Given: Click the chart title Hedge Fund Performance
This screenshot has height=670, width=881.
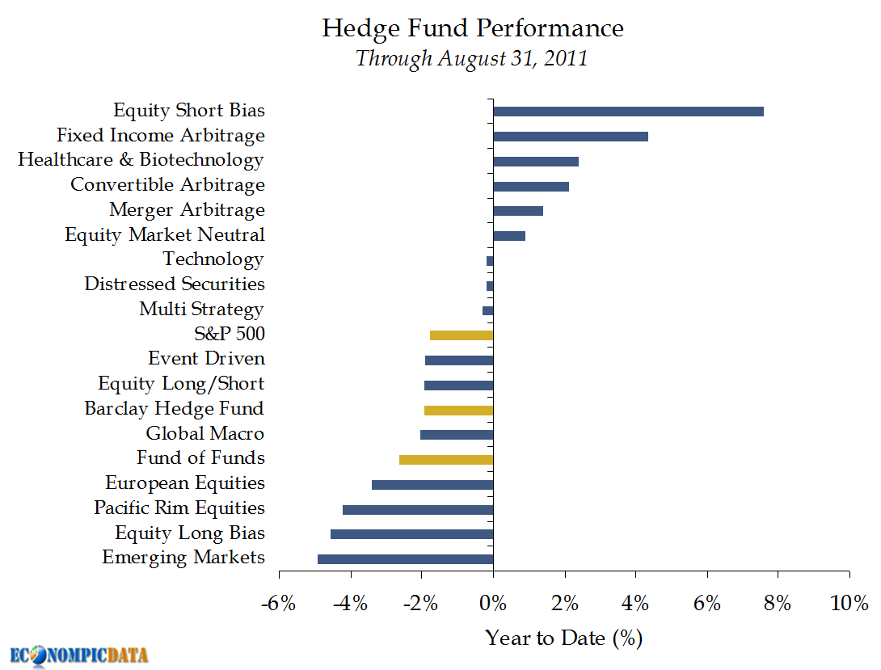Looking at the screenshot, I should tap(473, 28).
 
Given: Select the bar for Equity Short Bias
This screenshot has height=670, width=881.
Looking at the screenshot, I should tap(628, 112).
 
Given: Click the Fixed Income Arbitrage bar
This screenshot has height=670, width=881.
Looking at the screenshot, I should tap(570, 137).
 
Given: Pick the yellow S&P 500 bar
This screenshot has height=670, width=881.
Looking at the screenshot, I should tap(461, 335).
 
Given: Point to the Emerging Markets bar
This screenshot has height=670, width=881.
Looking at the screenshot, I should tap(405, 559).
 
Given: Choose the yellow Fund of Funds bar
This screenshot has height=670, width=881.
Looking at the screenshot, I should tap(445, 460).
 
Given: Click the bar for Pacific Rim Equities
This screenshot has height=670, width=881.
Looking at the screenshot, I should tap(417, 510).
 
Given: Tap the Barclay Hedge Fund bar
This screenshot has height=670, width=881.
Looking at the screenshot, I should tap(458, 411).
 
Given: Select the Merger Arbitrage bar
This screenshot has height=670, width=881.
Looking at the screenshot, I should tap(517, 211).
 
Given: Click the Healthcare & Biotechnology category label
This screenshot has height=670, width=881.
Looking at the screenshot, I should tap(141, 160).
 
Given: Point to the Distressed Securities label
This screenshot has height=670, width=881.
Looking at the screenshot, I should tap(174, 284).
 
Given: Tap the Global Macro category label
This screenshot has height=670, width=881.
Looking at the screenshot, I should tap(204, 434).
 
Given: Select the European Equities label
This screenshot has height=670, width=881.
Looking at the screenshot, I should tap(184, 483).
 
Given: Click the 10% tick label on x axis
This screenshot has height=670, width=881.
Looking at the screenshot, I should tap(848, 603).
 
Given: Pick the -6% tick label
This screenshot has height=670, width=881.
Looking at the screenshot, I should tap(279, 603).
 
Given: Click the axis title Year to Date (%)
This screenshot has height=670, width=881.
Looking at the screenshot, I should tap(563, 638).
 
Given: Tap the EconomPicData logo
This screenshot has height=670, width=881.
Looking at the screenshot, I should tap(79, 655).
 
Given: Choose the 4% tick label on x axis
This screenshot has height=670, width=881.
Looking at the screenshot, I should tap(635, 603).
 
